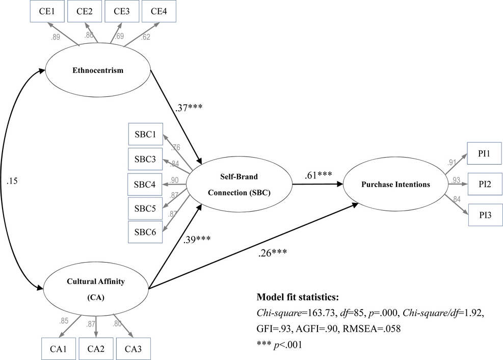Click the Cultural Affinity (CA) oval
[95, 289]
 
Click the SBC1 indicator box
[146, 136]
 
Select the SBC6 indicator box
[146, 232]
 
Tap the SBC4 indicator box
[146, 184]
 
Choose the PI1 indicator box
[485, 152]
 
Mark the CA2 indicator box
[96, 349]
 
